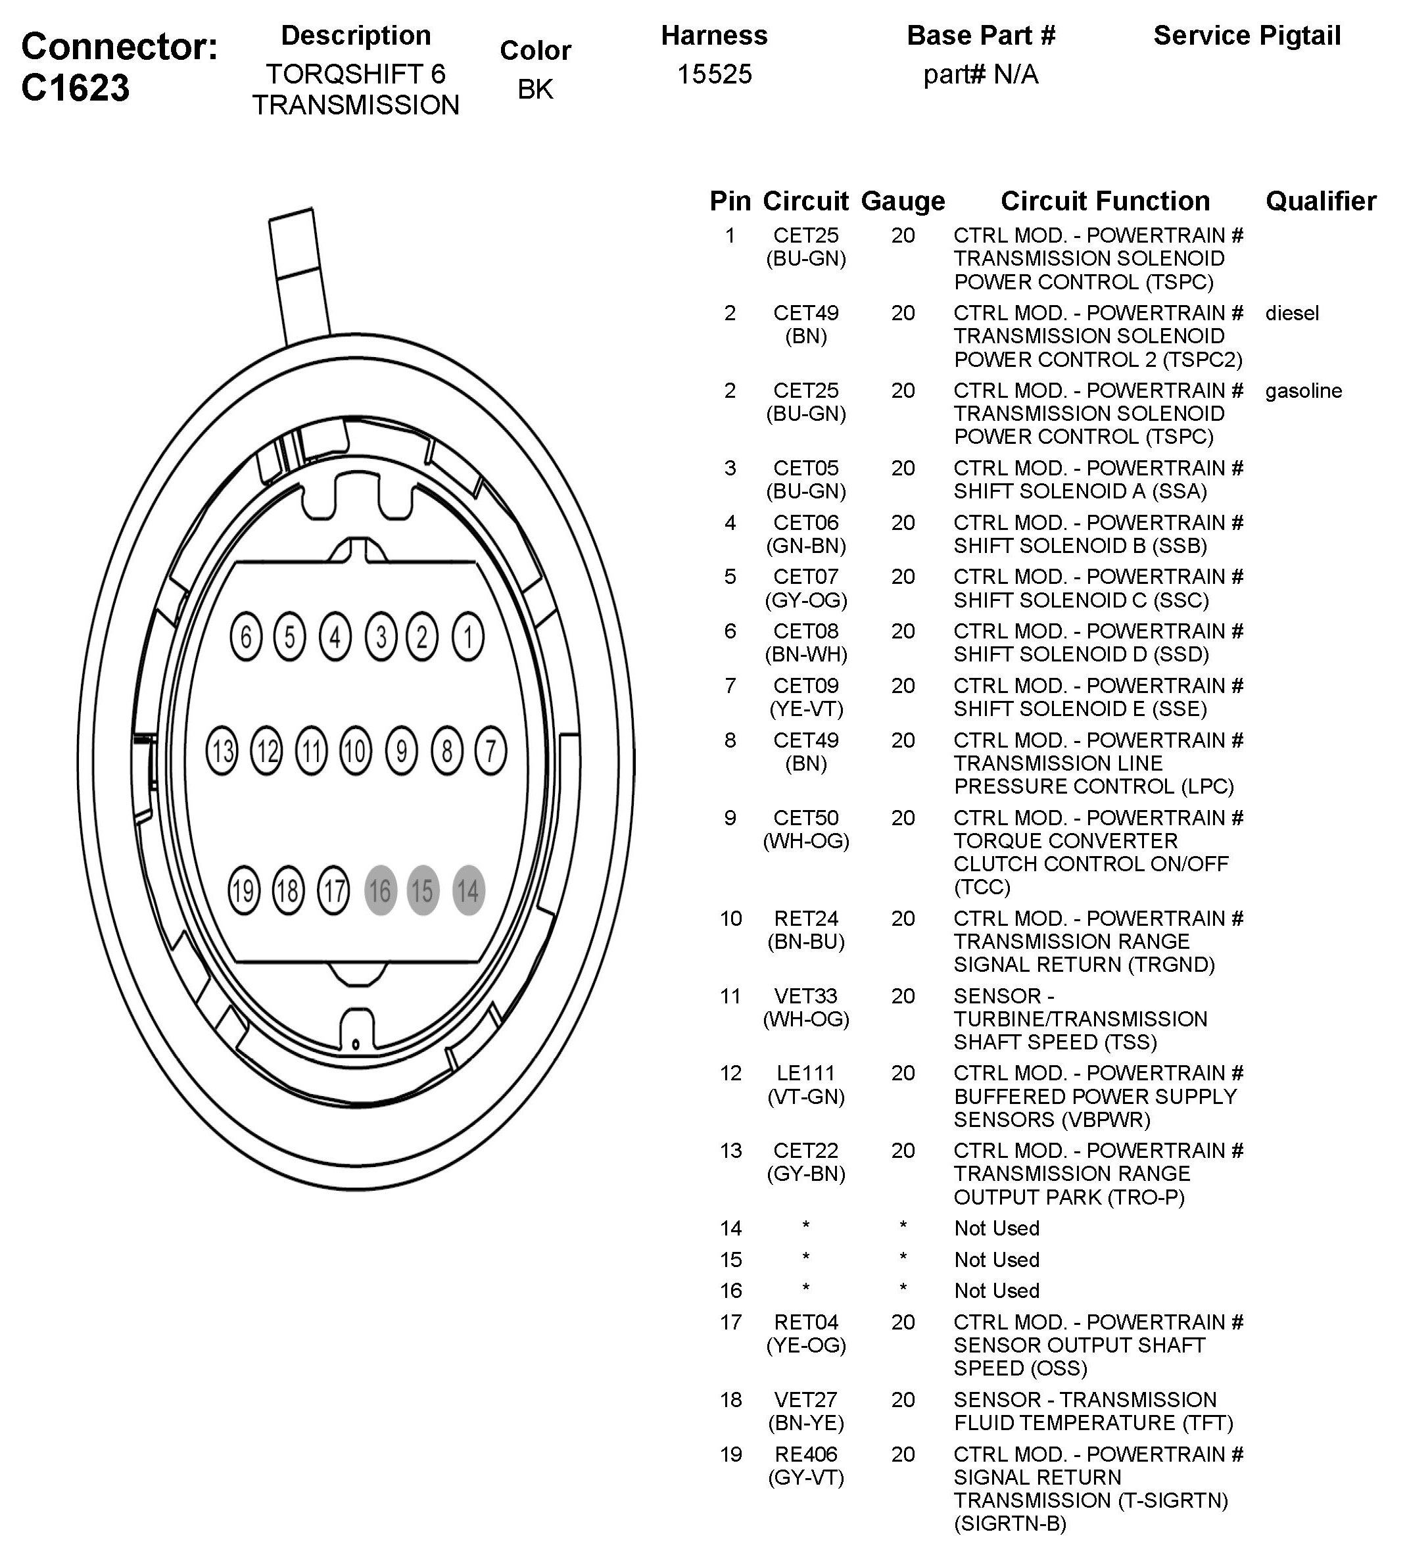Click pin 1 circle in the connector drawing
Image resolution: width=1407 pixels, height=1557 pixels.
[467, 637]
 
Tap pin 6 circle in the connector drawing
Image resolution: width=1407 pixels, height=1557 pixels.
[246, 637]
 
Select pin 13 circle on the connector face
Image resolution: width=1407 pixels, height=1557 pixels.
[222, 751]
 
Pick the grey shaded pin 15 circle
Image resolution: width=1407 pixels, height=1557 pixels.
[422, 890]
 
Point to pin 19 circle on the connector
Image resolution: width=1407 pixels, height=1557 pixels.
[243, 890]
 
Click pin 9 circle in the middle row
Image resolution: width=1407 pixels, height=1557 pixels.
[401, 751]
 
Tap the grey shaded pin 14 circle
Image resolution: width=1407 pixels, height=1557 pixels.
[468, 890]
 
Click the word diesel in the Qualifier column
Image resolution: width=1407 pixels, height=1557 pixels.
[1291, 313]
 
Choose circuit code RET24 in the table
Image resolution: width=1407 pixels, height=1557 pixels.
[805, 919]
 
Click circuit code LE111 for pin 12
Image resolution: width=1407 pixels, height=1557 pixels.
[805, 1073]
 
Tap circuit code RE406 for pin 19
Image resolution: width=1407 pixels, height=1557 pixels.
[805, 1454]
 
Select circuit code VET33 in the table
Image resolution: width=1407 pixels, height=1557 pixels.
[805, 995]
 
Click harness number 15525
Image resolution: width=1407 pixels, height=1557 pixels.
[713, 74]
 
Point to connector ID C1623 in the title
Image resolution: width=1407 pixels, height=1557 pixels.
[75, 87]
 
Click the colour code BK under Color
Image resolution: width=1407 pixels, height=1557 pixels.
[535, 89]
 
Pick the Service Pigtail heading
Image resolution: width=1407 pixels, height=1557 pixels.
[1247, 36]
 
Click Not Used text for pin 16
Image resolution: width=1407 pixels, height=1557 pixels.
[996, 1291]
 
